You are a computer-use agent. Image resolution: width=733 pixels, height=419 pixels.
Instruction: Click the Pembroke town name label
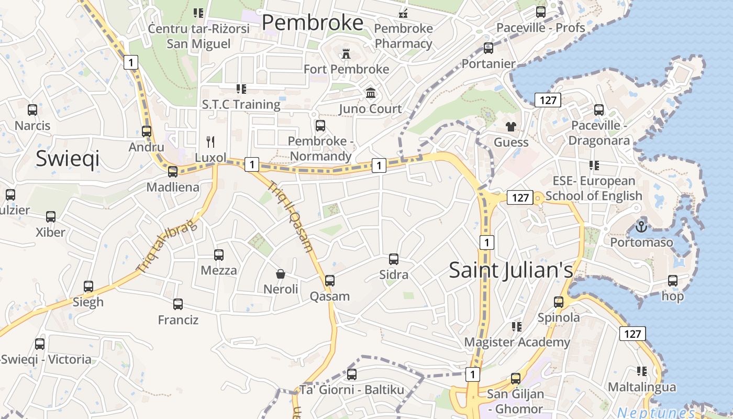pyautogui.click(x=313, y=23)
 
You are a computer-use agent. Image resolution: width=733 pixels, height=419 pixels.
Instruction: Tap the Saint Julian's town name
pyautogui.click(x=511, y=270)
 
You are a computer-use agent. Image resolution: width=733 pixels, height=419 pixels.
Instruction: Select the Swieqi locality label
pyautogui.click(x=68, y=159)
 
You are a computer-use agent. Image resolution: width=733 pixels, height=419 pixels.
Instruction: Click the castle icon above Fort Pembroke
pyautogui.click(x=346, y=53)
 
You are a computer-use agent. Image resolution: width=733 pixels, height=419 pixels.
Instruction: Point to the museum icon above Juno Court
pyautogui.click(x=371, y=93)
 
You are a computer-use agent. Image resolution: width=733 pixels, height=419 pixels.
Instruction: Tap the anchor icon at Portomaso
pyautogui.click(x=641, y=227)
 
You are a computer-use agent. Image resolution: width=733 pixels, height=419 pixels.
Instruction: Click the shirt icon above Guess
pyautogui.click(x=511, y=126)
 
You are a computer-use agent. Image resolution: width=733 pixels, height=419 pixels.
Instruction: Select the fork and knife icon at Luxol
pyautogui.click(x=210, y=141)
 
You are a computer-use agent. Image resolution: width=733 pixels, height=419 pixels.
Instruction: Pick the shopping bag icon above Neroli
pyautogui.click(x=281, y=273)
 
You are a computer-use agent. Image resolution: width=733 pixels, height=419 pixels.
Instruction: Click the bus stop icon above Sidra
pyautogui.click(x=394, y=259)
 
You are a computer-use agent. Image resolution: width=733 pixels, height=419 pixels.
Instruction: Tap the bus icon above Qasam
pyautogui.click(x=329, y=280)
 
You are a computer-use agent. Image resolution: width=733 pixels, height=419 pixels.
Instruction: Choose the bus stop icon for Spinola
pyautogui.click(x=559, y=302)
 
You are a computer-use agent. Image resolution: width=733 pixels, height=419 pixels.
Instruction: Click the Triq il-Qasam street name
pyautogui.click(x=291, y=216)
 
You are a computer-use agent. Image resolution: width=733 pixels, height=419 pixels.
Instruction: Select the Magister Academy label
pyautogui.click(x=517, y=342)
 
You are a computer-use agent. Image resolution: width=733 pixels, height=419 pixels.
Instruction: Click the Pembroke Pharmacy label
pyautogui.click(x=404, y=36)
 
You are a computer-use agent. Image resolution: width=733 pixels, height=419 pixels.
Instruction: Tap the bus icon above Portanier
pyautogui.click(x=488, y=48)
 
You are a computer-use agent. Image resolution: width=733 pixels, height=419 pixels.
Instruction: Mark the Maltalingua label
pyautogui.click(x=642, y=387)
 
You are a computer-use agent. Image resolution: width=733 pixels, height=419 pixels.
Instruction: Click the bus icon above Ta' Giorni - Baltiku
pyautogui.click(x=352, y=374)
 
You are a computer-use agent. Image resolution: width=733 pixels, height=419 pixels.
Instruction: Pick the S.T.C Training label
pyautogui.click(x=241, y=104)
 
